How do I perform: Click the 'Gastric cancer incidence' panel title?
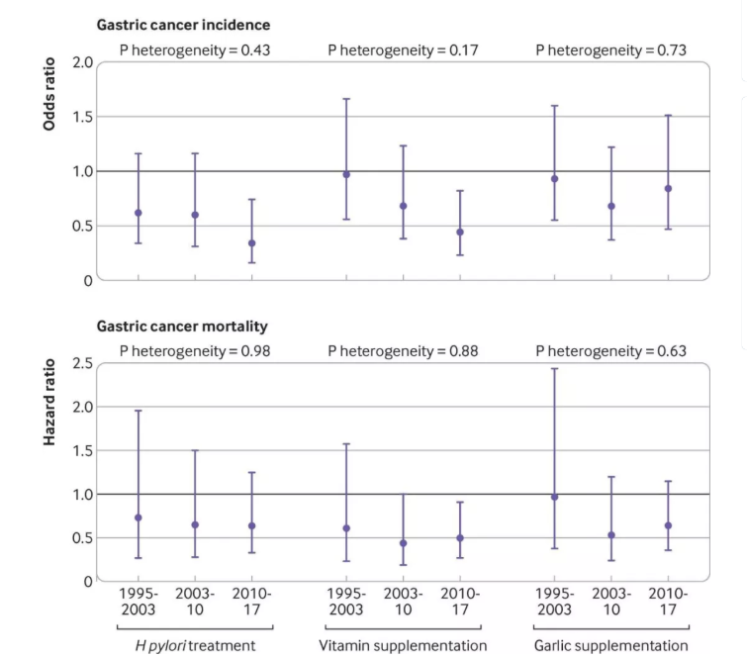pyautogui.click(x=183, y=25)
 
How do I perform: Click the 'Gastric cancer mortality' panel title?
pyautogui.click(x=182, y=326)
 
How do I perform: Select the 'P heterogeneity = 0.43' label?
pyautogui.click(x=195, y=49)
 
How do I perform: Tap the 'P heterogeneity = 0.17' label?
pyautogui.click(x=403, y=49)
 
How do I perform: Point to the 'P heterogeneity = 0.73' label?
pyautogui.click(x=610, y=49)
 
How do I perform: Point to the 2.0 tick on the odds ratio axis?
pyautogui.click(x=82, y=62)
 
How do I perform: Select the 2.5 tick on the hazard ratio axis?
pyautogui.click(x=82, y=364)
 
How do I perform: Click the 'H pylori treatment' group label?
pyautogui.click(x=195, y=645)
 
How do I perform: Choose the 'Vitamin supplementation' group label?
pyautogui.click(x=403, y=645)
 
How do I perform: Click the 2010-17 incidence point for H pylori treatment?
pyautogui.click(x=251, y=243)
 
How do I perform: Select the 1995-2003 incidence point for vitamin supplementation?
pyautogui.click(x=346, y=174)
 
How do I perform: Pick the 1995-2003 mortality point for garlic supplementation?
pyautogui.click(x=554, y=497)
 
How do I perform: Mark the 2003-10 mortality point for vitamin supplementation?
pyautogui.click(x=403, y=543)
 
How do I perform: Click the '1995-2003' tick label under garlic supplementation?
pyautogui.click(x=554, y=602)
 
